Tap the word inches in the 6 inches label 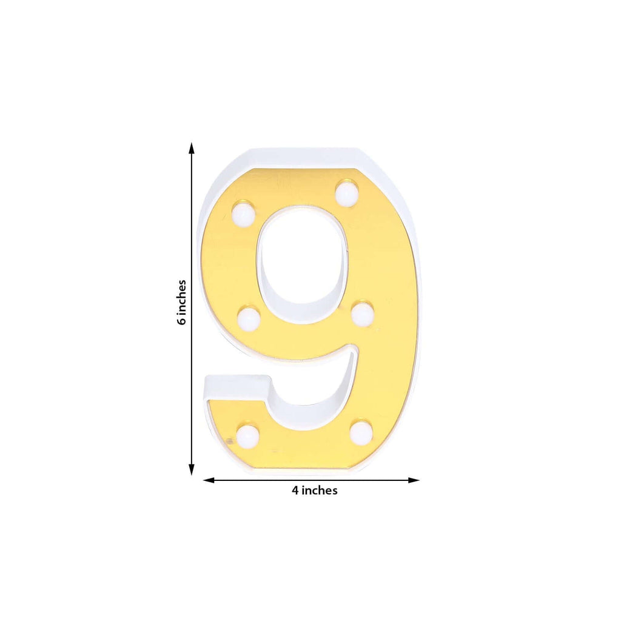(181, 297)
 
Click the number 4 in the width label (295, 491)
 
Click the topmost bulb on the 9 (346, 193)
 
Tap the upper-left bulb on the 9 (243, 214)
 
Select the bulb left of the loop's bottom (249, 318)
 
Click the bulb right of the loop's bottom (362, 314)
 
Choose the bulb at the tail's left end (247, 435)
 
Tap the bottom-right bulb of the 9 (361, 431)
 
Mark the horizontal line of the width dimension (364, 480)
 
